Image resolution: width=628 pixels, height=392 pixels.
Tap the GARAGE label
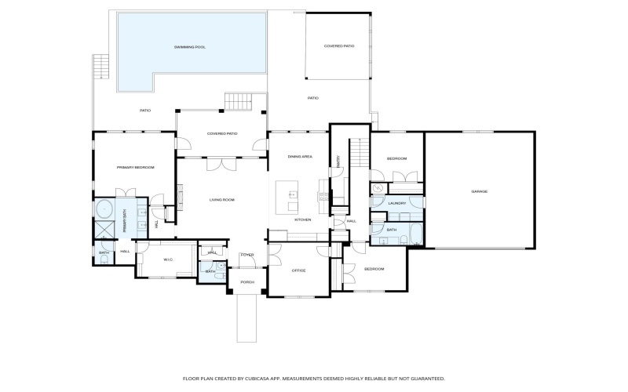point(480,191)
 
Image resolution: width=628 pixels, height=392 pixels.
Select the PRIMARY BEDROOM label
point(135,168)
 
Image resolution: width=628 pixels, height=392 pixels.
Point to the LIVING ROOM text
point(222,200)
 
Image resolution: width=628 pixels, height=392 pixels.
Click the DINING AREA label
point(300,157)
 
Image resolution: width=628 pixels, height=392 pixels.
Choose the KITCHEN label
point(303,220)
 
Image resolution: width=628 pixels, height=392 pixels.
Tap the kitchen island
point(287,196)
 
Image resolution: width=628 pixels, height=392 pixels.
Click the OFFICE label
point(298,270)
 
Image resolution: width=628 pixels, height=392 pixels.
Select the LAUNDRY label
point(397,203)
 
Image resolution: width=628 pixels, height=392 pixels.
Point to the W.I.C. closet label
point(167,260)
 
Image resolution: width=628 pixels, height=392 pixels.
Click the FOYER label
point(247,255)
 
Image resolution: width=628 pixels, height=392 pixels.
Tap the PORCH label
point(247,282)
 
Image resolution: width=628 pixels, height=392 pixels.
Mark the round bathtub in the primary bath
point(103,209)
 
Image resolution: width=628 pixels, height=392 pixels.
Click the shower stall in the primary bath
point(103,230)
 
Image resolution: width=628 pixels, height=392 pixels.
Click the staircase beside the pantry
point(357,152)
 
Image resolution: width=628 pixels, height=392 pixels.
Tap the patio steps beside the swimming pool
point(238,102)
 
